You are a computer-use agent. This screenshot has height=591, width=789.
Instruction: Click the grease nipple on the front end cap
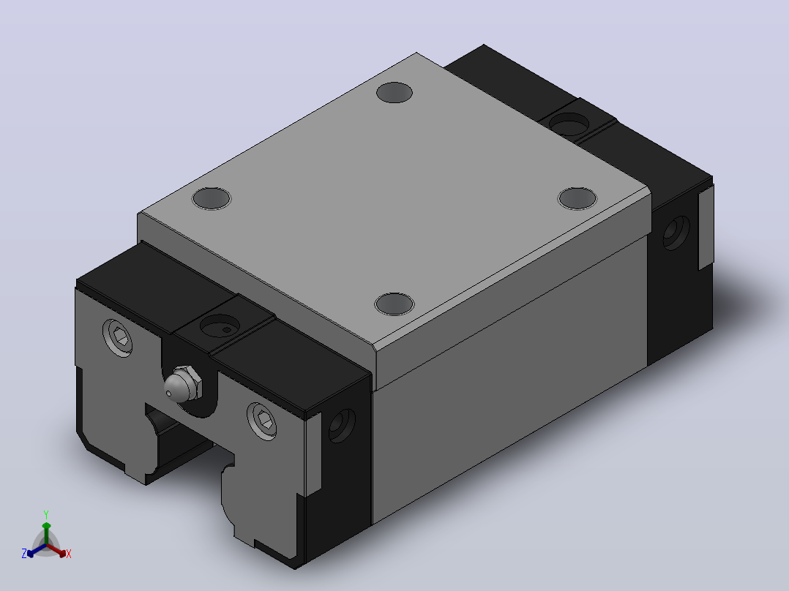pyautogui.click(x=182, y=385)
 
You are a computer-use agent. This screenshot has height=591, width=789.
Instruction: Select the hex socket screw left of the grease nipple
pyautogui.click(x=119, y=337)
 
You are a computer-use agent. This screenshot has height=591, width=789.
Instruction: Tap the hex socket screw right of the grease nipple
pyautogui.click(x=262, y=421)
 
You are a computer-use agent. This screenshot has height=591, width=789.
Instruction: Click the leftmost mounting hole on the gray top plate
pyautogui.click(x=212, y=198)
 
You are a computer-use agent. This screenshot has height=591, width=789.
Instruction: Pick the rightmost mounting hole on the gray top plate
pyautogui.click(x=577, y=198)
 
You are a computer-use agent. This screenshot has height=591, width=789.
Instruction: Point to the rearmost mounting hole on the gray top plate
pyautogui.click(x=394, y=93)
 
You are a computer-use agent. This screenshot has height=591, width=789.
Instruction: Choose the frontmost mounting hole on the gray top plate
pyautogui.click(x=394, y=304)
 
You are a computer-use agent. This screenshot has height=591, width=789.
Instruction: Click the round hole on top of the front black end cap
pyautogui.click(x=220, y=325)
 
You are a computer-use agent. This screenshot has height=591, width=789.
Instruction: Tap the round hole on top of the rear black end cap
pyautogui.click(x=569, y=124)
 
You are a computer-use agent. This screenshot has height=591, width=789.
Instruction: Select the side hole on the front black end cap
pyautogui.click(x=342, y=426)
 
